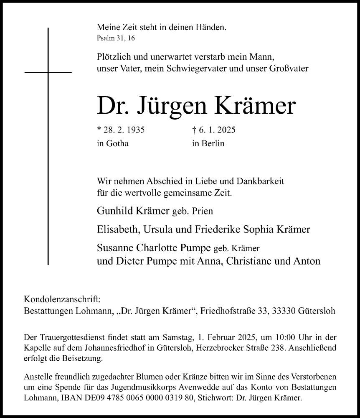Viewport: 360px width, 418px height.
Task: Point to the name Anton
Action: click(308, 261)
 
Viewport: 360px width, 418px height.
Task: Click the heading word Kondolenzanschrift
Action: click(62, 300)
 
